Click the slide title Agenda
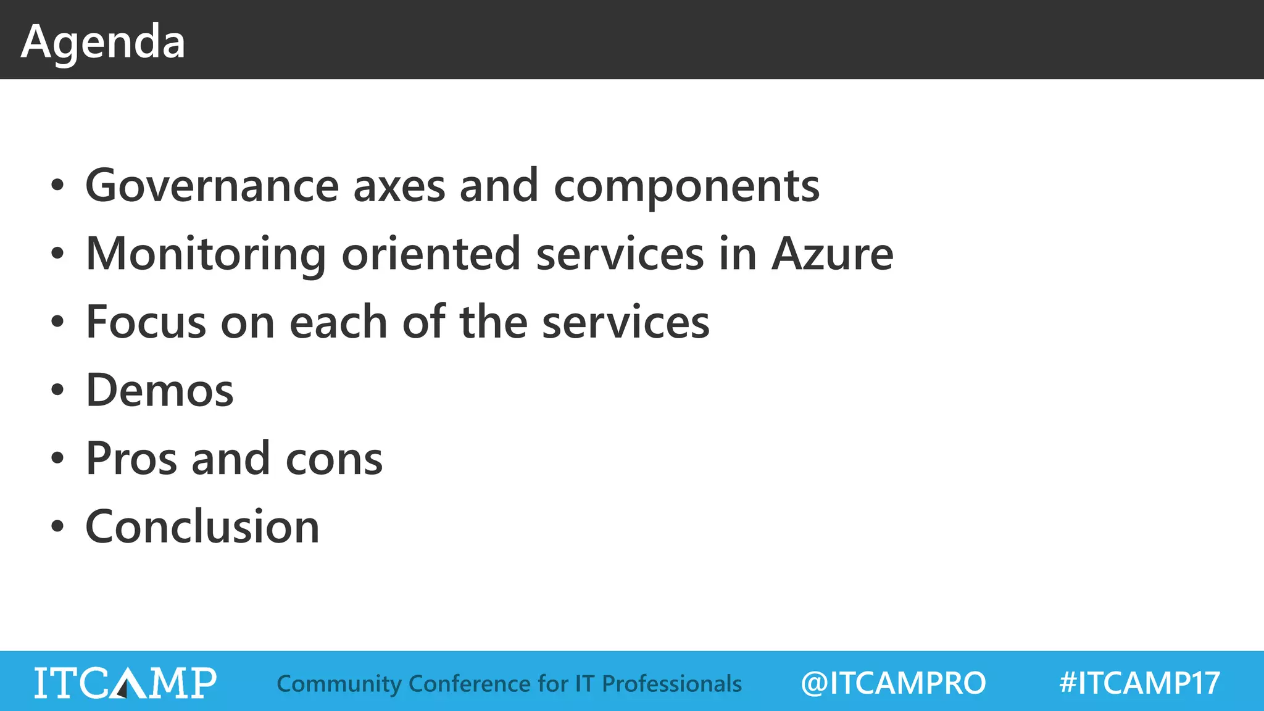(x=103, y=42)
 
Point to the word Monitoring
(x=206, y=254)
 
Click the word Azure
(x=832, y=254)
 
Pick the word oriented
(x=431, y=254)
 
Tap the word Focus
(x=146, y=323)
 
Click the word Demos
(x=160, y=391)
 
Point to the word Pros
(x=131, y=459)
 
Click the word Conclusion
(x=202, y=527)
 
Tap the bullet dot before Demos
(x=57, y=391)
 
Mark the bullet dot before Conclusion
(x=57, y=528)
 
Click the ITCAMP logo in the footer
(x=125, y=683)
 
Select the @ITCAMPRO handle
(x=893, y=683)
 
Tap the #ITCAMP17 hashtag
(x=1139, y=683)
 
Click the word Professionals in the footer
(x=671, y=684)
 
